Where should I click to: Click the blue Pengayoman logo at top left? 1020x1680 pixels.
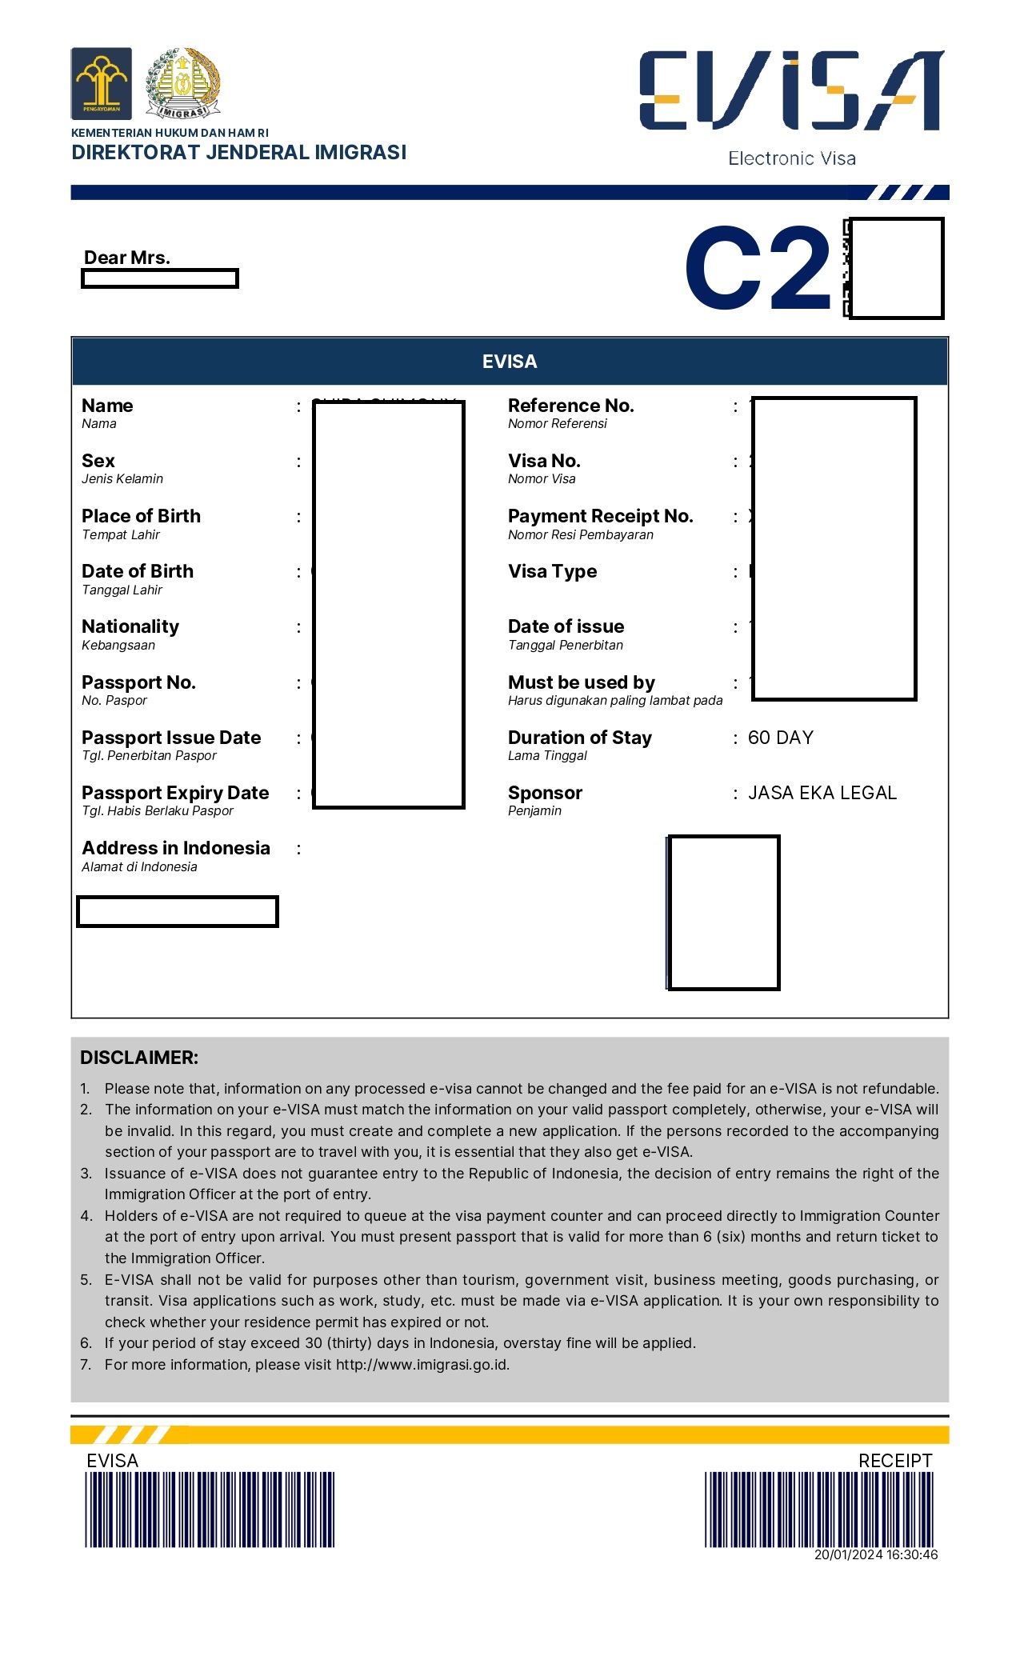click(x=101, y=83)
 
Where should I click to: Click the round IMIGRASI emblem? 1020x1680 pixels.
click(x=183, y=83)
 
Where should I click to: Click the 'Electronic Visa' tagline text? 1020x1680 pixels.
click(x=791, y=158)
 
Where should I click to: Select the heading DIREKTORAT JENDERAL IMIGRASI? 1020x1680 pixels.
click(x=238, y=152)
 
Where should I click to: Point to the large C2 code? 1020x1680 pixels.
click(x=758, y=268)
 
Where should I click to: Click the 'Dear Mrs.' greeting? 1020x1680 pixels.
click(x=127, y=258)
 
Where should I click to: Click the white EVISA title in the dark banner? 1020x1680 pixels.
click(x=510, y=362)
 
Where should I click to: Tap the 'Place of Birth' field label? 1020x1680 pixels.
click(x=141, y=516)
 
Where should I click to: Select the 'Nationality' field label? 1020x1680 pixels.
click(x=130, y=626)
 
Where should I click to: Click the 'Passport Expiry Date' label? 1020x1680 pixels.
click(x=175, y=793)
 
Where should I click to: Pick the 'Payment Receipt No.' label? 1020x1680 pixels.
click(x=600, y=516)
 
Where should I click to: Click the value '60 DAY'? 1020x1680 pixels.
click(x=780, y=738)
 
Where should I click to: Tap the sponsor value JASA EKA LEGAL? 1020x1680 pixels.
click(x=822, y=793)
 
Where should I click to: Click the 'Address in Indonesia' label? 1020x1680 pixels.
click(x=176, y=848)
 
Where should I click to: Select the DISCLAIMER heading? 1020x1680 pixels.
click(x=139, y=1058)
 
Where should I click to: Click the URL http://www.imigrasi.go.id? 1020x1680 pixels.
click(x=422, y=1365)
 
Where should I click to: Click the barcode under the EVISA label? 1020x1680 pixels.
click(x=210, y=1510)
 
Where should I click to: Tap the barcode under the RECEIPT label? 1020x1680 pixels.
click(x=818, y=1510)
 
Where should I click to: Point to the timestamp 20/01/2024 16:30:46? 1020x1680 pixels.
click(x=875, y=1554)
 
